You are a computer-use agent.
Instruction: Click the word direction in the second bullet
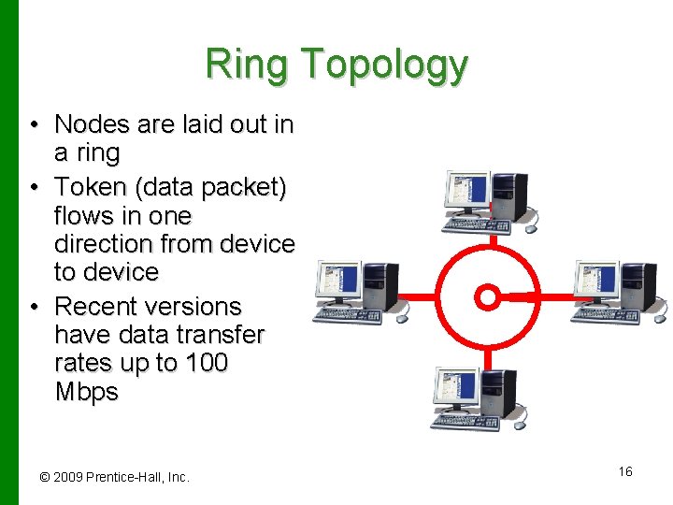coord(116,244)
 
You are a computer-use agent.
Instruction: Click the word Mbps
coord(87,391)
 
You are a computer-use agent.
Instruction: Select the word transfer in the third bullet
coord(214,335)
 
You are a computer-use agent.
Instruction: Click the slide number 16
coord(625,471)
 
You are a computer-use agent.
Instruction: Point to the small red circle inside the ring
coord(487,297)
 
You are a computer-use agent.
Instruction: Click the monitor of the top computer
coord(467,193)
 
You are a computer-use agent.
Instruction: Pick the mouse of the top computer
coord(531,226)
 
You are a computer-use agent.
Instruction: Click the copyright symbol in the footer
coord(44,477)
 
